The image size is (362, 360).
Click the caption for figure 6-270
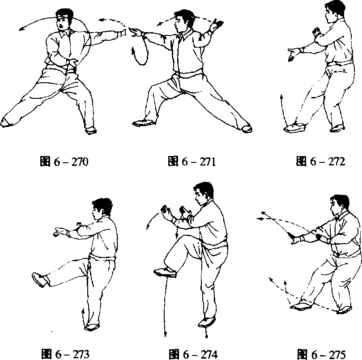click(x=64, y=161)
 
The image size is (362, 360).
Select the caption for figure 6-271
click(x=192, y=161)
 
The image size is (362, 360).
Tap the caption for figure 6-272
click(x=320, y=161)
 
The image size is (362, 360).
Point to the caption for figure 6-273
click(x=65, y=354)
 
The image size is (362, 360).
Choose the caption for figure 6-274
click(x=193, y=354)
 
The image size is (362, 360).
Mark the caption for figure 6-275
click(x=321, y=354)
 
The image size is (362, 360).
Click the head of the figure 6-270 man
click(x=64, y=20)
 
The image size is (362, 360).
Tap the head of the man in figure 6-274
click(x=204, y=193)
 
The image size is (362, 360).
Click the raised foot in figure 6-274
click(x=165, y=272)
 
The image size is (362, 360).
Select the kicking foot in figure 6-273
click(x=40, y=280)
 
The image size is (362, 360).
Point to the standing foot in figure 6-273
click(x=92, y=327)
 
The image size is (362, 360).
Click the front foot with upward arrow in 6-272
click(x=295, y=127)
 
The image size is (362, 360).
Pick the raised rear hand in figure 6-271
click(x=216, y=25)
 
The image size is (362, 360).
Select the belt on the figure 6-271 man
click(x=189, y=75)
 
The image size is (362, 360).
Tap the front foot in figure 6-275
click(x=301, y=306)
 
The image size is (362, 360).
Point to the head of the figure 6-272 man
click(x=335, y=11)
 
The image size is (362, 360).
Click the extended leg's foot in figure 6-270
click(x=6, y=123)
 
